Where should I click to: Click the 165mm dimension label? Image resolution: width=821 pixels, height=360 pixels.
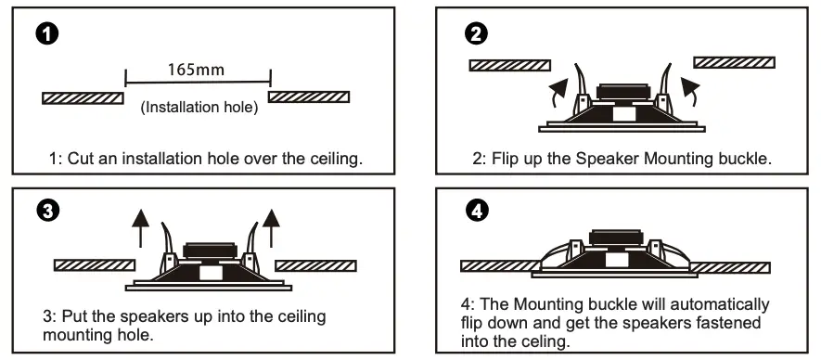point(197,69)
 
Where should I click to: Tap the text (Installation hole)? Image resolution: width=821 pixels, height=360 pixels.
point(199,108)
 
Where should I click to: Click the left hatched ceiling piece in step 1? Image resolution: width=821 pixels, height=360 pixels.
point(83,96)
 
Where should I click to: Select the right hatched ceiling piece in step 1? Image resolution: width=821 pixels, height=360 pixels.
point(309,96)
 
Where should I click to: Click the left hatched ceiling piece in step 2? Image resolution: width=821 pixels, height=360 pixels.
point(509,65)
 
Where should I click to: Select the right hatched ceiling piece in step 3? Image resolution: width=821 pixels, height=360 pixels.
point(315,264)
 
